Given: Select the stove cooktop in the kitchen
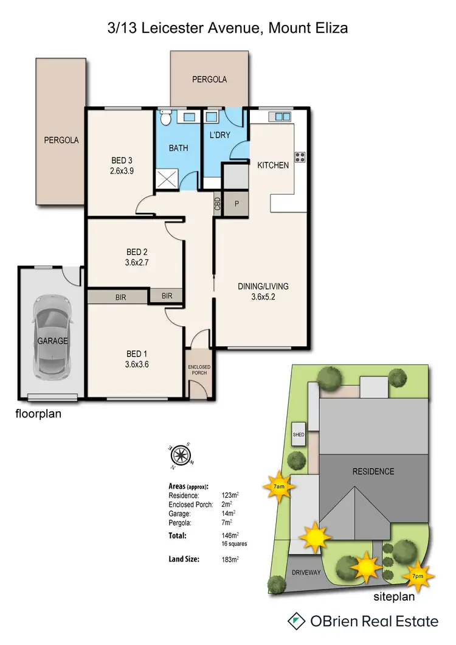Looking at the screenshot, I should pos(299,157).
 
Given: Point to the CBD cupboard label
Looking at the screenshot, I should pos(218,204).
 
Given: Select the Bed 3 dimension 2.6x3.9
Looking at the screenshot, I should pos(119,171).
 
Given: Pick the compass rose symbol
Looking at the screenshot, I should pos(181,454).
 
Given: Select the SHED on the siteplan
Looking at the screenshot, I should pos(299,434).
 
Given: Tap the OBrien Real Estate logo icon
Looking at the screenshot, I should pos(296,621).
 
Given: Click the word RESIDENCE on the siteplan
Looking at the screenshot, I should pos(373,471).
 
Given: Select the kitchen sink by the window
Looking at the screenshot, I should pos(282,116).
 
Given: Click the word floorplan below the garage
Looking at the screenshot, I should pos(38,414).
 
